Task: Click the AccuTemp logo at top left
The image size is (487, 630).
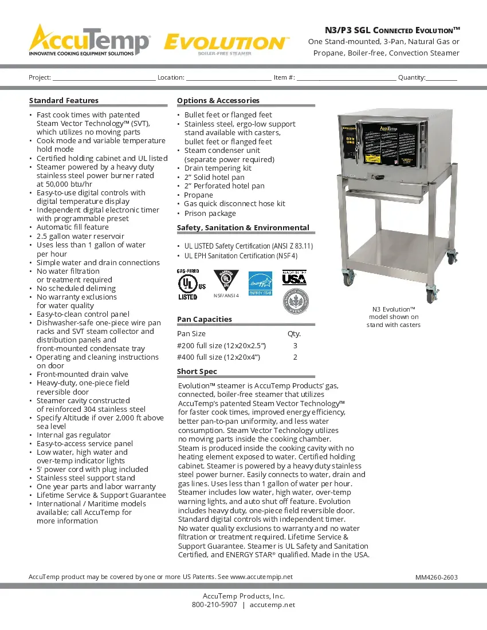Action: [x=89, y=40]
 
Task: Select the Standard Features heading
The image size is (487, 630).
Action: [x=64, y=100]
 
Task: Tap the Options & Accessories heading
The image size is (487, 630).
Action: [x=218, y=100]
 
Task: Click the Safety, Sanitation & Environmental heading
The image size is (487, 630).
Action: [x=243, y=227]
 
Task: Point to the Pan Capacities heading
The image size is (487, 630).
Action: [x=205, y=319]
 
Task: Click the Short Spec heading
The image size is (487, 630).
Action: [x=197, y=371]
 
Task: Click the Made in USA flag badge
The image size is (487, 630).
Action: [x=294, y=278]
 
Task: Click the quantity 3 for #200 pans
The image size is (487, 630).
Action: [x=295, y=345]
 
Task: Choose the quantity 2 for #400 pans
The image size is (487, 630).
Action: [x=295, y=357]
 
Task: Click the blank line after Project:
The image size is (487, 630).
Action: [x=104, y=78]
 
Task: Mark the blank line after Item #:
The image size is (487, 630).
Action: [x=346, y=78]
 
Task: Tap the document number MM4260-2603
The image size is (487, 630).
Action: [x=436, y=577]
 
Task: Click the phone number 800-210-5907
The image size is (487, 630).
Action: [x=214, y=605]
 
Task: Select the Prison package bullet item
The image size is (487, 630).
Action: [x=210, y=213]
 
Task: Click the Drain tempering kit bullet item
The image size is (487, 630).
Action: [x=218, y=168]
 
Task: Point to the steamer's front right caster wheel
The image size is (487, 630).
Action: [x=430, y=297]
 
